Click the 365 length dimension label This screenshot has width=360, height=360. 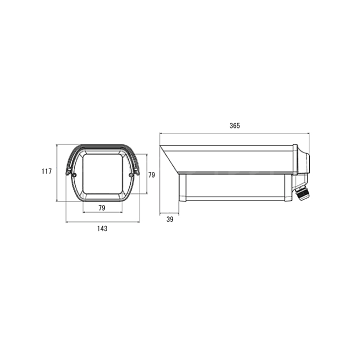point(234,125)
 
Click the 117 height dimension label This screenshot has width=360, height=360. point(46,171)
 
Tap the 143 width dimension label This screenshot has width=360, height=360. point(102,228)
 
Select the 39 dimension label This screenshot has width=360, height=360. point(170,219)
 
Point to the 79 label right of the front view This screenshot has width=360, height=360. point(151,175)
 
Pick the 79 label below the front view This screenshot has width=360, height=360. point(102,208)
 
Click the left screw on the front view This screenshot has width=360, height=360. point(74,175)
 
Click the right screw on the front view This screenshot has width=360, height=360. point(131,175)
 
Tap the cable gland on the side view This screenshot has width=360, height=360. point(302,193)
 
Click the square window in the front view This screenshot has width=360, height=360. point(102,174)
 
